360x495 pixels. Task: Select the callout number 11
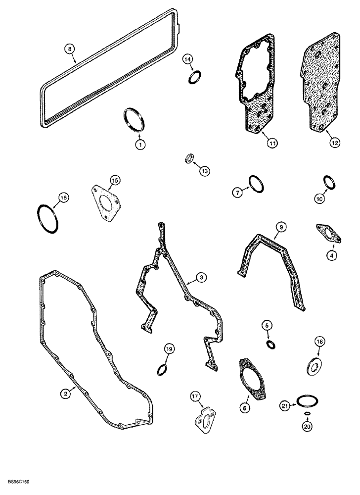click(272, 143)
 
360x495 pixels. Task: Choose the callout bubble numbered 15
click(115, 180)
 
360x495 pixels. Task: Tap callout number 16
click(61, 198)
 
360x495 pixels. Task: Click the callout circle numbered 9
click(281, 227)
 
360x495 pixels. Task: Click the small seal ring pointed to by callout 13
click(188, 158)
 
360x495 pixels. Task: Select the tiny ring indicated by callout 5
click(271, 344)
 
